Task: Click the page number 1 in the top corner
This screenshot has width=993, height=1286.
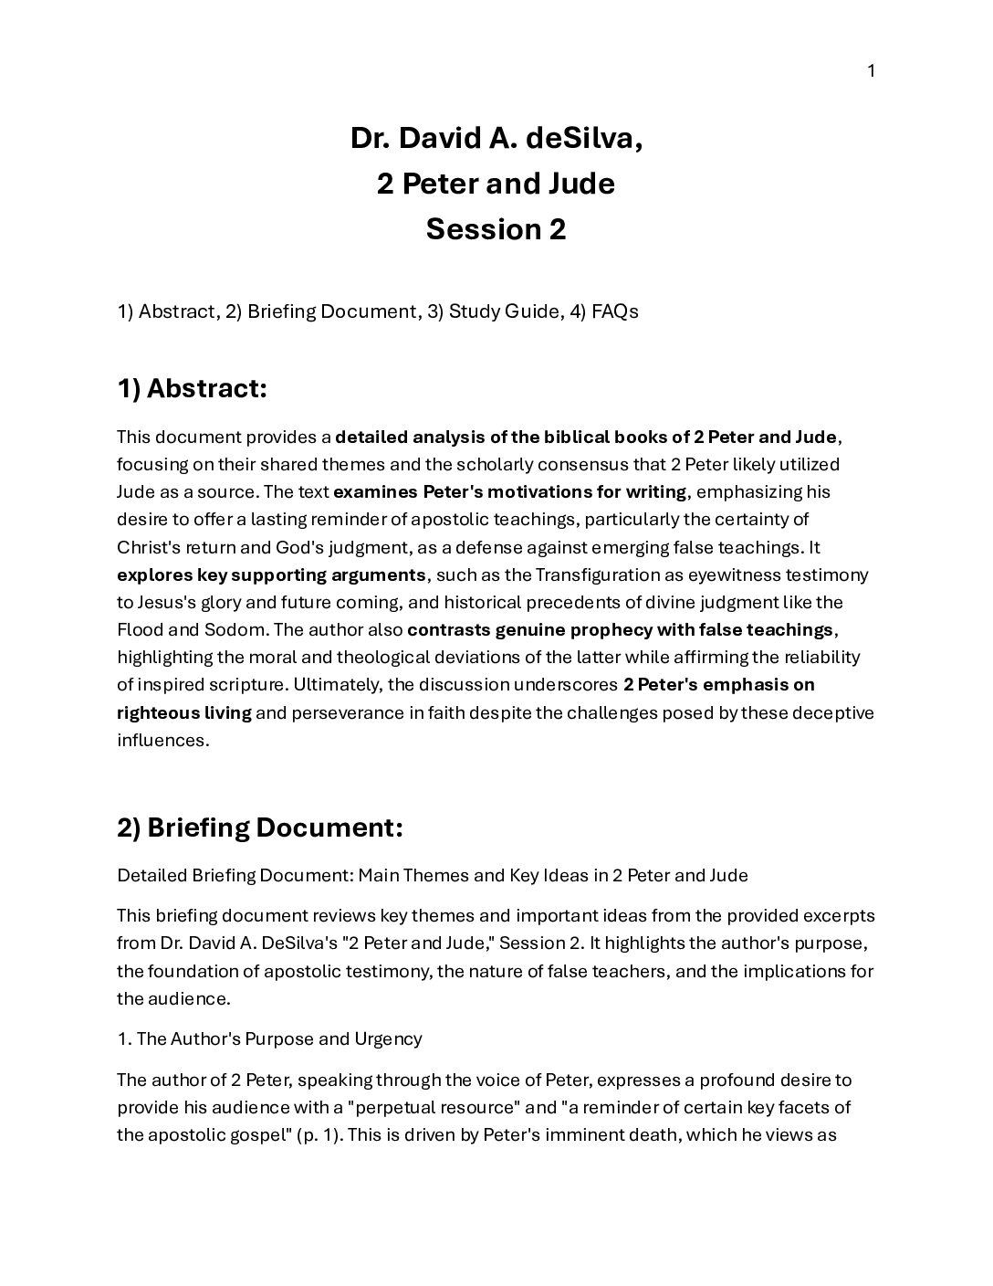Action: (x=871, y=71)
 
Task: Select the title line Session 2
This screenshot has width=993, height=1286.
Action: (x=496, y=229)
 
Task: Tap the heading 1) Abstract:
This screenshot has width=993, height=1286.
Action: (x=192, y=388)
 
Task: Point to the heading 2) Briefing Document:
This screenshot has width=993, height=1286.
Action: (x=259, y=827)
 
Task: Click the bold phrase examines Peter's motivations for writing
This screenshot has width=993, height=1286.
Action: (x=509, y=492)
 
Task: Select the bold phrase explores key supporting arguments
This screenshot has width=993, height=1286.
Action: (x=271, y=575)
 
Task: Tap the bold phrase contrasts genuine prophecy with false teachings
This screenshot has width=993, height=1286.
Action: (x=620, y=630)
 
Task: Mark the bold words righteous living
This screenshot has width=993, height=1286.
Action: (x=183, y=712)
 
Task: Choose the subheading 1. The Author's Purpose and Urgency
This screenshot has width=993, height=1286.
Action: (x=269, y=1038)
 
